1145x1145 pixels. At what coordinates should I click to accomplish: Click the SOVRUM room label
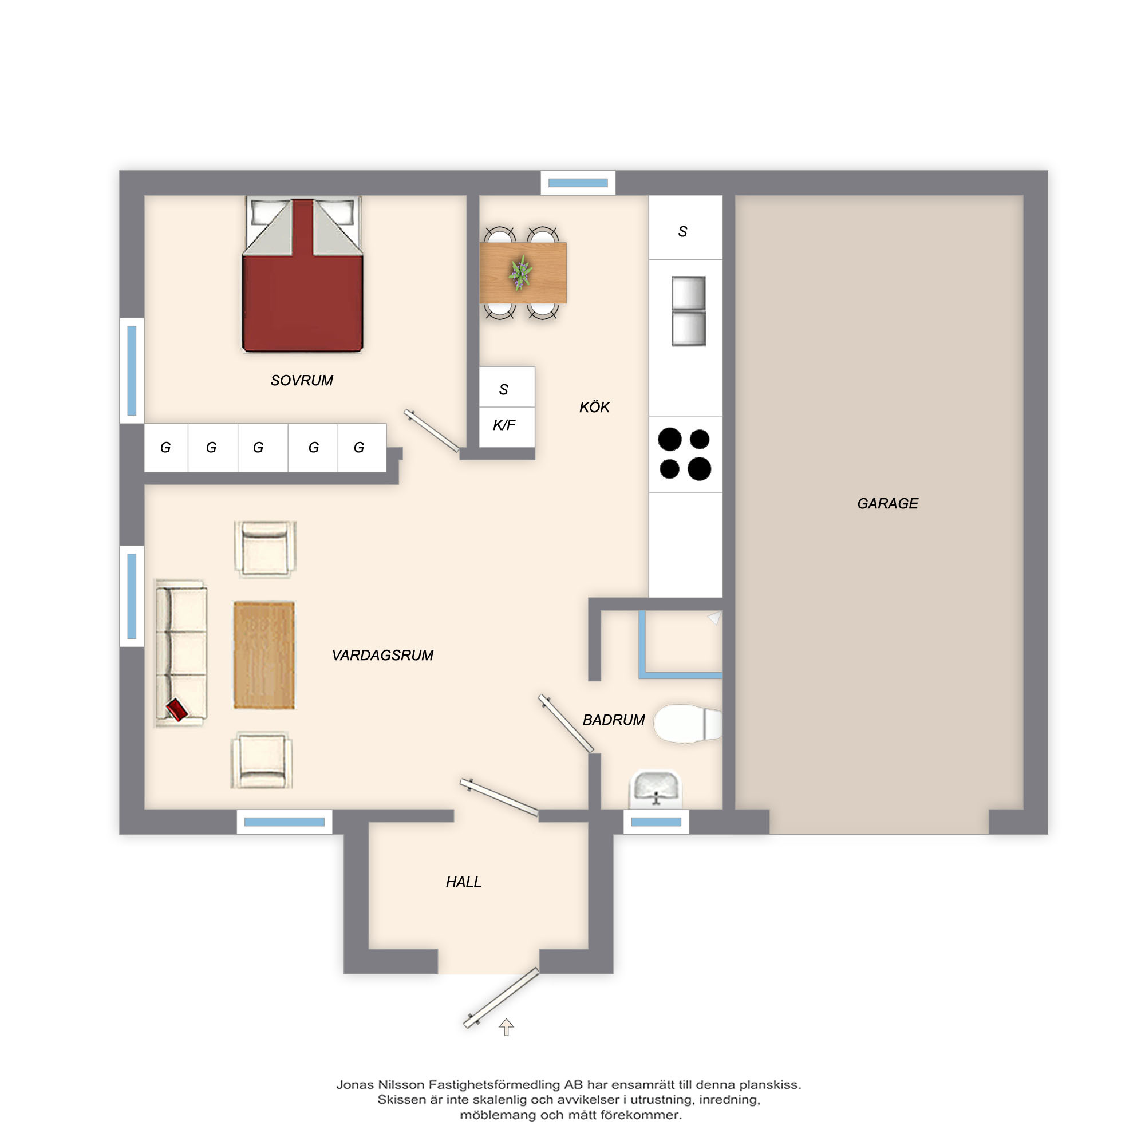[x=302, y=381]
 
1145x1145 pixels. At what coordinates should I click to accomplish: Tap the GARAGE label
[x=887, y=504]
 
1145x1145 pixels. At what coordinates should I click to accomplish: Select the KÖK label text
[x=594, y=407]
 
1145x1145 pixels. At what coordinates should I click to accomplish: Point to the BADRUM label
[x=613, y=720]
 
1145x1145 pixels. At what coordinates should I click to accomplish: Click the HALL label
[x=464, y=882]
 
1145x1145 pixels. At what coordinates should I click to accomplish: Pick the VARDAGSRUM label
[x=382, y=655]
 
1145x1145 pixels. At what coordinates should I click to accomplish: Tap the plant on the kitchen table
[x=520, y=273]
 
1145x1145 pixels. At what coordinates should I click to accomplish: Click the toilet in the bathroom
[x=688, y=723]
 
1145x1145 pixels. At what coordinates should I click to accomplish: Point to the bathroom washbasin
[x=655, y=789]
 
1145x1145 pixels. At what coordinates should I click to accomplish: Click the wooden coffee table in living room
[x=264, y=655]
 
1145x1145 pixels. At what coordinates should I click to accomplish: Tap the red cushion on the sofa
[x=176, y=709]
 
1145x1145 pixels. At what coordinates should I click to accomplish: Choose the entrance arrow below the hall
[x=506, y=1027]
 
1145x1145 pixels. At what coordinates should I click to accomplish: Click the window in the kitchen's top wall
[x=578, y=183]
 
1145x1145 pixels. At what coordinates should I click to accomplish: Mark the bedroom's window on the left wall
[x=132, y=370]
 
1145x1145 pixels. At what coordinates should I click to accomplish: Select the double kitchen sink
[x=688, y=311]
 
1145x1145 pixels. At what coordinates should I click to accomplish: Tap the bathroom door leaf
[x=566, y=724]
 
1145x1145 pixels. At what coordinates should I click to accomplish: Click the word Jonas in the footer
[x=356, y=1085]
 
